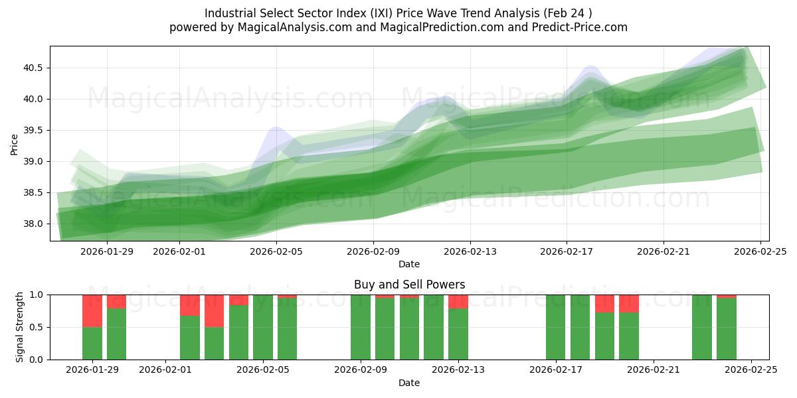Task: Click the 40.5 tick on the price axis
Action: [34, 68]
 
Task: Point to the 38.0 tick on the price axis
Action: [34, 224]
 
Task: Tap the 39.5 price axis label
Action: [34, 130]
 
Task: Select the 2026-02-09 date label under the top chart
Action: [373, 251]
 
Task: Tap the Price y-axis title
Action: [15, 144]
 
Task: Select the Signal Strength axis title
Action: [20, 327]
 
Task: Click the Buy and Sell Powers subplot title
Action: [409, 285]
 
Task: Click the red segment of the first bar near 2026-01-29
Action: [92, 310]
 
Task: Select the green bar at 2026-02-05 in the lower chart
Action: [263, 327]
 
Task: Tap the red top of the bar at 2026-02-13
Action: [458, 302]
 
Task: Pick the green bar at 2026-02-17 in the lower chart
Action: [556, 327]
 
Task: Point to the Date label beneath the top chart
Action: [409, 264]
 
